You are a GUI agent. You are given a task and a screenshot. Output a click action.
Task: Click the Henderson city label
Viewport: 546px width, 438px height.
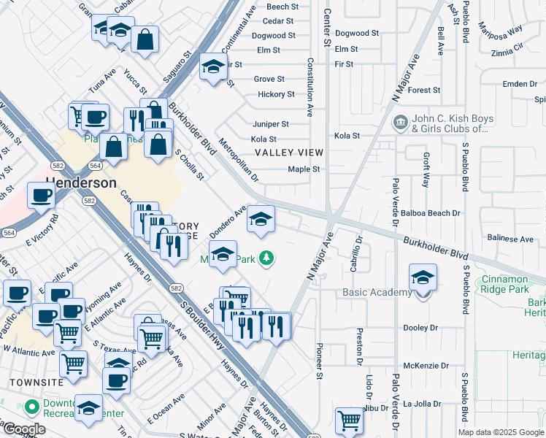82,182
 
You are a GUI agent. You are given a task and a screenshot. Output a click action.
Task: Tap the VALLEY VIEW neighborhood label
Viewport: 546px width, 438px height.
288,153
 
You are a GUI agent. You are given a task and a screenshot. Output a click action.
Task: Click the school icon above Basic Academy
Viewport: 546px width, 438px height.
423,277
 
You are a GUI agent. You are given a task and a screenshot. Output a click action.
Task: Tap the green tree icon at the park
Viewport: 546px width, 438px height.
268,258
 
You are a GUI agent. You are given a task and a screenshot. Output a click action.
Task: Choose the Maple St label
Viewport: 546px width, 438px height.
304,169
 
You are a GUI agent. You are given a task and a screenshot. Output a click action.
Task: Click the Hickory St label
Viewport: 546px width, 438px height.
276,94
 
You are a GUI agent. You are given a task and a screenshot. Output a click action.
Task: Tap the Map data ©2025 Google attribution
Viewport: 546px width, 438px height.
500,432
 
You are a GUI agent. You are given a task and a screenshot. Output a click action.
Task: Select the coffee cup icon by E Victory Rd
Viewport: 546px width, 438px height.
41,195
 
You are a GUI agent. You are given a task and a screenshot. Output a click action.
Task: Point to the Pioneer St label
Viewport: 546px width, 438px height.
319,361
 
